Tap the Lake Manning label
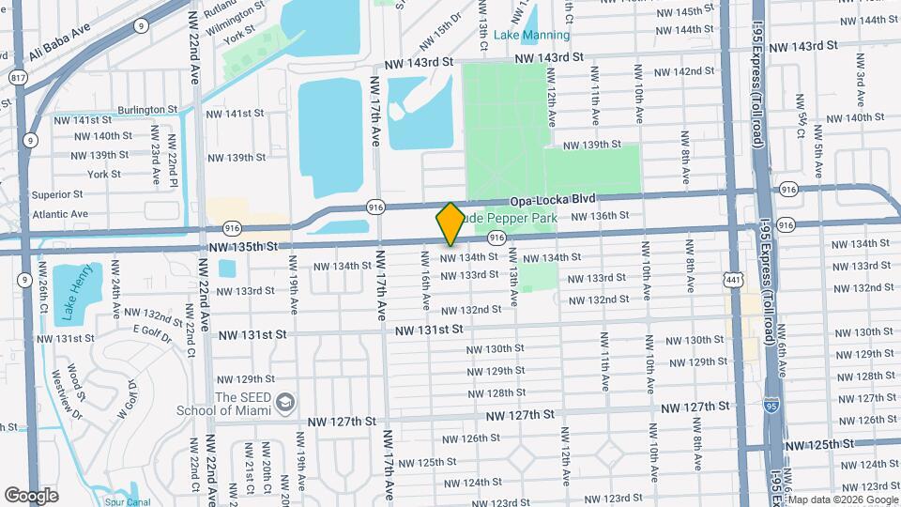[531, 36]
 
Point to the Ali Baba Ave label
[58, 43]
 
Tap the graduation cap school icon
[283, 404]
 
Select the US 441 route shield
[731, 277]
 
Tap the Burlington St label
[145, 110]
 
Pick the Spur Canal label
[129, 501]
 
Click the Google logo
[31, 495]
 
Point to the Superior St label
[58, 194]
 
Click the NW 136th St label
[597, 216]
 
